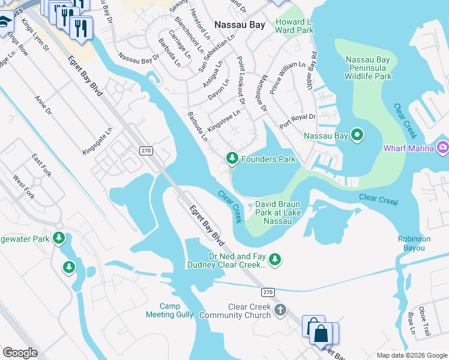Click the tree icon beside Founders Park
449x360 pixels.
click(x=232, y=158)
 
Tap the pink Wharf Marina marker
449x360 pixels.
click(x=443, y=147)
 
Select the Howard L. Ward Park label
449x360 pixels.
click(x=294, y=26)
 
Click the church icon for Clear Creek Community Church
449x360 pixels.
click(x=279, y=310)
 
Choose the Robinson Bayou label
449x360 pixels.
click(x=414, y=242)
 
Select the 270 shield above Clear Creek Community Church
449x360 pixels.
click(x=268, y=292)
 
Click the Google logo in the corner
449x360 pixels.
click(x=20, y=352)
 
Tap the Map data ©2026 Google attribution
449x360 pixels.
click(x=411, y=355)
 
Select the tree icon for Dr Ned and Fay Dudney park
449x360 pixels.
click(x=275, y=259)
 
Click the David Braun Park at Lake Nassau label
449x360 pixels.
click(x=277, y=212)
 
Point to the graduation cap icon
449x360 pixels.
click(x=5, y=23)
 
